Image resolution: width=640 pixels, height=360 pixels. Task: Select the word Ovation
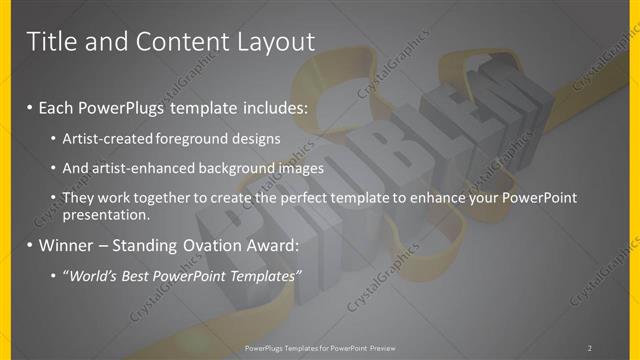point(202,244)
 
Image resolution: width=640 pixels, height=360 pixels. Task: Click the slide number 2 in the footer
point(590,348)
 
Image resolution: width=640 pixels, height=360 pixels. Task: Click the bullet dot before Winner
point(30,245)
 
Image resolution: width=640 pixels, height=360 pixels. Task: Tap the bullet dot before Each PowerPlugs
point(30,106)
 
